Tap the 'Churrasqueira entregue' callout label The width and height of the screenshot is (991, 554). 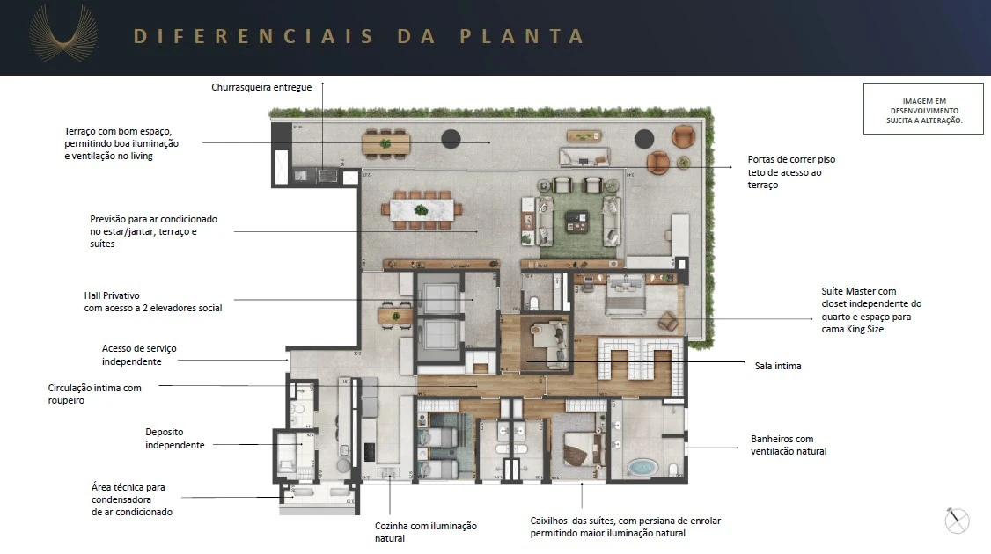[261, 87]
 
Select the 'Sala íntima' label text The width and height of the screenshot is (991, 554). [777, 366]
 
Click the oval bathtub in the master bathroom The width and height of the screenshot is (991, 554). [642, 466]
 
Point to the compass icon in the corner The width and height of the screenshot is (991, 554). [957, 521]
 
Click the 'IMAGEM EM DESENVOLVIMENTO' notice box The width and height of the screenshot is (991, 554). [923, 109]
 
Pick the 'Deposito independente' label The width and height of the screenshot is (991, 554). [175, 438]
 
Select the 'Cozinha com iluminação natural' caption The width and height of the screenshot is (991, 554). [426, 531]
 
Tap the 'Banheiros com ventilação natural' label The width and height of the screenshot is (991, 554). [788, 445]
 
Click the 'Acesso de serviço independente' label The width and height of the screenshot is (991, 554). [138, 354]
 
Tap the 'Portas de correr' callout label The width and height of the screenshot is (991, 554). [790, 172]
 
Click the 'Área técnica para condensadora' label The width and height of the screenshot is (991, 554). [131, 499]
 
